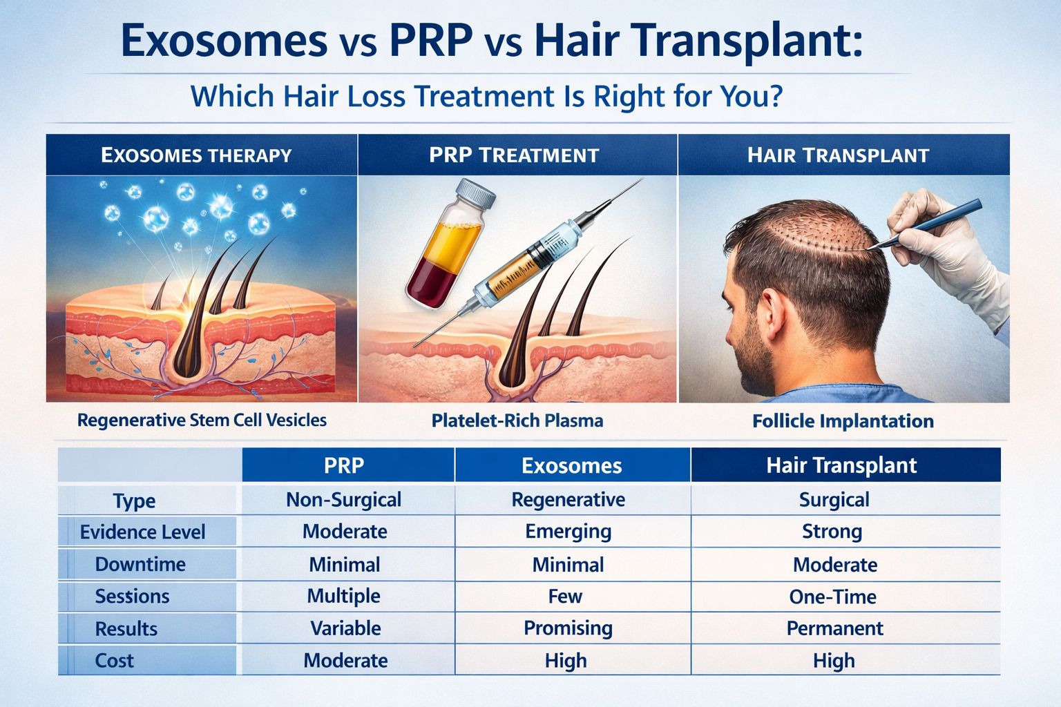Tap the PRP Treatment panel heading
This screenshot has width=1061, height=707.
[x=514, y=155]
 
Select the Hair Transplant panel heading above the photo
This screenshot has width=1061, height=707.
[x=838, y=155]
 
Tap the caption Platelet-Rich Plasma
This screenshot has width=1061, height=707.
[x=517, y=420]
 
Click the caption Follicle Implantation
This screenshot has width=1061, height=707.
[x=843, y=420]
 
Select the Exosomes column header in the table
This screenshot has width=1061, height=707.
[x=571, y=465]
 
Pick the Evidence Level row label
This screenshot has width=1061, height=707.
[x=142, y=532]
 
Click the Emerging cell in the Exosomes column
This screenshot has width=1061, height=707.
[x=568, y=531]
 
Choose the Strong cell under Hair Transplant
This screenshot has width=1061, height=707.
[x=832, y=531]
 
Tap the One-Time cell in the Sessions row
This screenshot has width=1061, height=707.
[x=832, y=597]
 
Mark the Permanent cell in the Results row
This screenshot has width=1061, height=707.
[x=834, y=628]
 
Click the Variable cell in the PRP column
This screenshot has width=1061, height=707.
[x=345, y=628]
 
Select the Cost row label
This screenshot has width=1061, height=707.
[x=115, y=661]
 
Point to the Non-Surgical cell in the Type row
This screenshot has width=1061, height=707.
[x=343, y=499]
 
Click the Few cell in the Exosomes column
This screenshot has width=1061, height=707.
[x=565, y=597]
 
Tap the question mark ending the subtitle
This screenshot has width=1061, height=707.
[x=774, y=96]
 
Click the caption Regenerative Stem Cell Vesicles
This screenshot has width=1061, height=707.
[x=202, y=420]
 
